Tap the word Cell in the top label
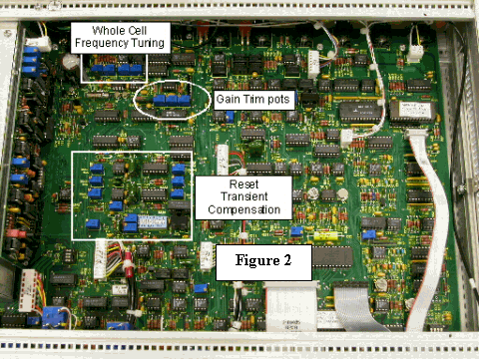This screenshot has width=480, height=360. tap(133, 31)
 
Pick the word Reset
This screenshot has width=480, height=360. tap(242, 184)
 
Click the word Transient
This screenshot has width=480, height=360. tap(242, 197)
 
